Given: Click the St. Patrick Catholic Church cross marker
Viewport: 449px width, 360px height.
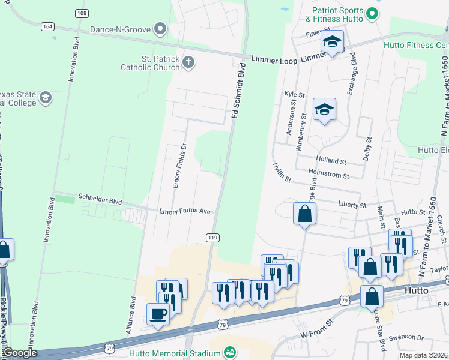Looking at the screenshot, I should pos(188,61).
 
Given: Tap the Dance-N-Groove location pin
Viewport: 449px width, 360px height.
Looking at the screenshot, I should pos(160,28).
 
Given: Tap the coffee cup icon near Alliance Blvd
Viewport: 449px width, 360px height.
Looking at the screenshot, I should pos(158,314).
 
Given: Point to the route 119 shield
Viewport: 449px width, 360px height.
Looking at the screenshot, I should pos(212,238).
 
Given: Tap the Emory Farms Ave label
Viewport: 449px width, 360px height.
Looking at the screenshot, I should pos(185,211).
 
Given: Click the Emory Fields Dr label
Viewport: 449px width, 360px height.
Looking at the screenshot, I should pos(177,166).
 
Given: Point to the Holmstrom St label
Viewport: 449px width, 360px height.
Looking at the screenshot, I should pos(328,175).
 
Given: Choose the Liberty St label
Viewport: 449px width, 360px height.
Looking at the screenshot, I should pos(352,205).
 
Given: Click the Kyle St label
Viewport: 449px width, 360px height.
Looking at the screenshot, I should pos(295,95).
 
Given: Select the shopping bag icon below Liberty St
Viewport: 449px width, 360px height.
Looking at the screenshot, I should pos(305,213).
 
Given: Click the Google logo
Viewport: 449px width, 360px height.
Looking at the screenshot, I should pos(19,353).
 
